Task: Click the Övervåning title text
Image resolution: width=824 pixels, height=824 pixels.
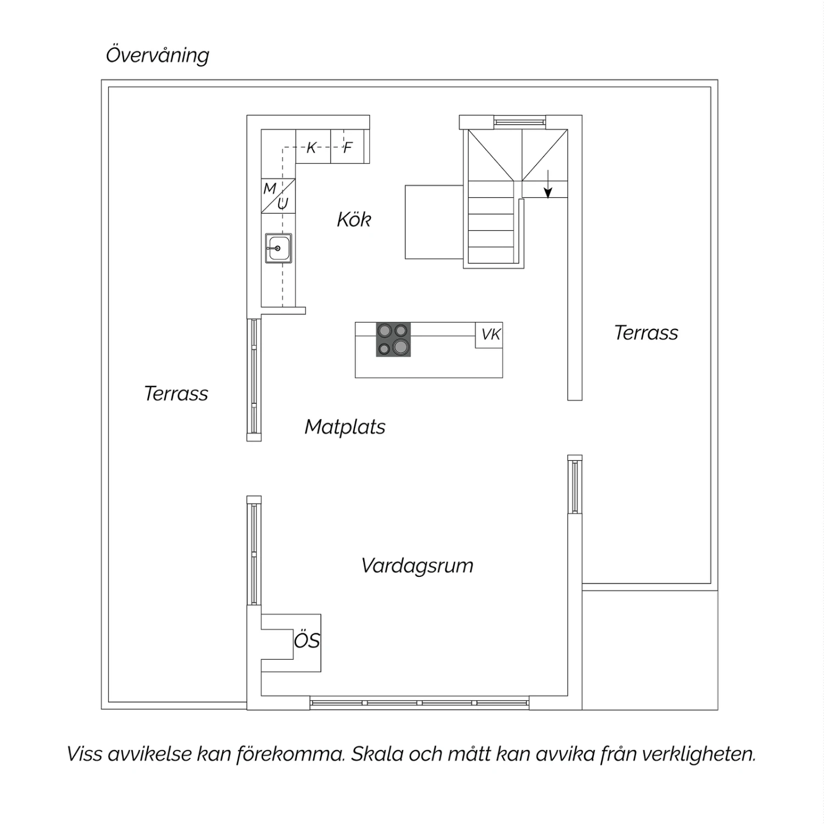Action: click(158, 55)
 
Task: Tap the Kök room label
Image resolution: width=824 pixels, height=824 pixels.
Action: click(354, 220)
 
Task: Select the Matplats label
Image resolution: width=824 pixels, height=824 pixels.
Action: click(345, 427)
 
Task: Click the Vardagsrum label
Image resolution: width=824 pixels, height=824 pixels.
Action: click(417, 566)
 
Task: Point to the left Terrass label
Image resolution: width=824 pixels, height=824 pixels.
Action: click(176, 394)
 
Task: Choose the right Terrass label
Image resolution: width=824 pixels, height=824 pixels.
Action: click(646, 333)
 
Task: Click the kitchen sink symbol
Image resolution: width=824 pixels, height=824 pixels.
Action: click(279, 248)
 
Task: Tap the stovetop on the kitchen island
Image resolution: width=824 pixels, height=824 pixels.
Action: click(393, 339)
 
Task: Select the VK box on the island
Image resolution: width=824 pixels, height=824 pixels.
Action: click(489, 335)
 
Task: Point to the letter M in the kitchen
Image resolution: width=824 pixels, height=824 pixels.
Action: click(270, 188)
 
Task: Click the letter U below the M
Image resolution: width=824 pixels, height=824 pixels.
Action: click(283, 204)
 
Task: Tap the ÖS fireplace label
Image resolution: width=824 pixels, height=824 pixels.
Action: click(307, 641)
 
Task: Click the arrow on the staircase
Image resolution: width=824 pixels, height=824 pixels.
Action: click(548, 185)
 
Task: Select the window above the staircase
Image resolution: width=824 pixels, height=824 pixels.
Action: click(520, 122)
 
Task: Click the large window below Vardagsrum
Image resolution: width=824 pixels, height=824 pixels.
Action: click(419, 703)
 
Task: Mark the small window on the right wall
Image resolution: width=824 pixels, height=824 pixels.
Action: click(575, 485)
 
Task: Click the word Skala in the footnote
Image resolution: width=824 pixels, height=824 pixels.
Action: click(377, 754)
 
